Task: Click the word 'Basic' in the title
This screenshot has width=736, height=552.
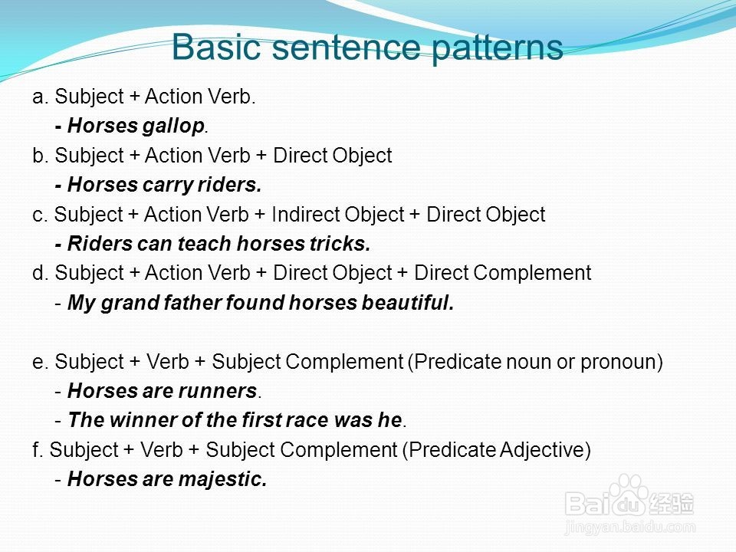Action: [216, 47]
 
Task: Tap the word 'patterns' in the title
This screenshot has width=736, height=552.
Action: [497, 49]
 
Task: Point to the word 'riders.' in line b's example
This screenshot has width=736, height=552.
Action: [229, 185]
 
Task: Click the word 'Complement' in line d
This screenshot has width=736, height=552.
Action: [532, 274]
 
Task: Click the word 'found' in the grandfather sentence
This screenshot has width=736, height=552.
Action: [255, 303]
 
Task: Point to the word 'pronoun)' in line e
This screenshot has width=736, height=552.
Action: [622, 363]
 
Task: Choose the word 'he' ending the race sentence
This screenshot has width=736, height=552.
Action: [390, 420]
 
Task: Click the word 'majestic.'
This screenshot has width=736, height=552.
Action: [222, 480]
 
